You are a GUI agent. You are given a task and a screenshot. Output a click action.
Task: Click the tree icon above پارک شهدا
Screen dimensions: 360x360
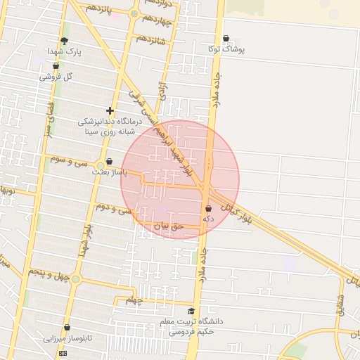click(64, 41)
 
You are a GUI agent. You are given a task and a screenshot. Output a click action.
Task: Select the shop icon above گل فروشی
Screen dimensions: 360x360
click(56, 66)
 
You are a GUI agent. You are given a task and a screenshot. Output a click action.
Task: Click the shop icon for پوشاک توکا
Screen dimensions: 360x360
click(226, 39)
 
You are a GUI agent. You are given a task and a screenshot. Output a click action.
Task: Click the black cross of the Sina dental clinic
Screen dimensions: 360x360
click(110, 110)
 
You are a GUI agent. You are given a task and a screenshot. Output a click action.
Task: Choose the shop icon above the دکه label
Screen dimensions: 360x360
click(208, 209)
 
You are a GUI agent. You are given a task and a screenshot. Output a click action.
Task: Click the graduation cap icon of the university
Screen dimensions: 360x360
click(191, 311)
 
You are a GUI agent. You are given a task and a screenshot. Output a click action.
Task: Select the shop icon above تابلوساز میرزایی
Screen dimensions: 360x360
click(67, 328)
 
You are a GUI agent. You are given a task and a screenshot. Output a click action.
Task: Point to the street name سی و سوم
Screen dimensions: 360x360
click(69, 161)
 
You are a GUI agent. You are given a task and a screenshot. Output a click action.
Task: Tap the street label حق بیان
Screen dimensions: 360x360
click(168, 226)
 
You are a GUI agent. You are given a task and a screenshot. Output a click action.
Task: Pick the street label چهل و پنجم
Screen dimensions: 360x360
click(49, 273)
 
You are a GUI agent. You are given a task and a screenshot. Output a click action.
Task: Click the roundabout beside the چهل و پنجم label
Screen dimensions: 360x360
click(76, 279)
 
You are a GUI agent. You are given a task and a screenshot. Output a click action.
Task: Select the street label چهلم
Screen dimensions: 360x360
click(134, 300)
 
